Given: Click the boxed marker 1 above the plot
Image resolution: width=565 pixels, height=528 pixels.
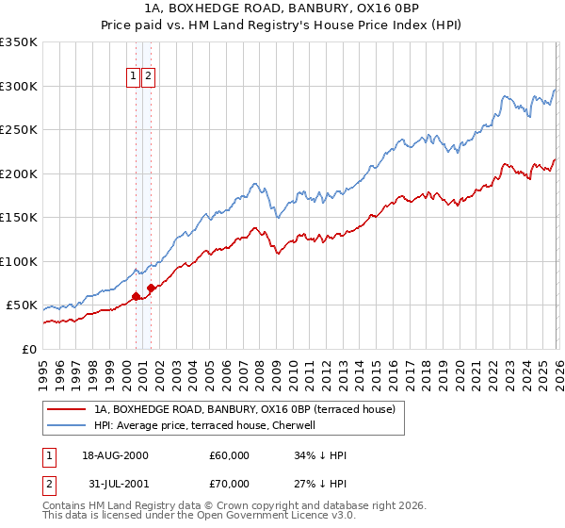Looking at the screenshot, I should pyautogui.click(x=134, y=77).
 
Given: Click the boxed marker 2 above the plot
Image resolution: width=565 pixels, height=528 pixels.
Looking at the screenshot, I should pyautogui.click(x=149, y=77).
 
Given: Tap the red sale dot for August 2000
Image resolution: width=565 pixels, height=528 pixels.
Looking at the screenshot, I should pyautogui.click(x=136, y=296).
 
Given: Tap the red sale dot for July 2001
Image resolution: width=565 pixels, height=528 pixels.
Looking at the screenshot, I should pyautogui.click(x=152, y=288).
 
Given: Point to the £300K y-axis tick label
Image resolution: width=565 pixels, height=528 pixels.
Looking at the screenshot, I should pyautogui.click(x=18, y=86).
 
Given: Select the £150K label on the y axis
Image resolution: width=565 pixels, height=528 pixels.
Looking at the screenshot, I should pyautogui.click(x=18, y=217).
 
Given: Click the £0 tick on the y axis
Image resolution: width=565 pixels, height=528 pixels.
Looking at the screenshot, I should pyautogui.click(x=29, y=349).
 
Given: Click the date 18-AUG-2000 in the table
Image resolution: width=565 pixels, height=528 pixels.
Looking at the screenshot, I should pyautogui.click(x=115, y=455).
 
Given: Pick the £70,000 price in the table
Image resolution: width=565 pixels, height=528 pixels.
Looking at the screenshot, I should pyautogui.click(x=229, y=484).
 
